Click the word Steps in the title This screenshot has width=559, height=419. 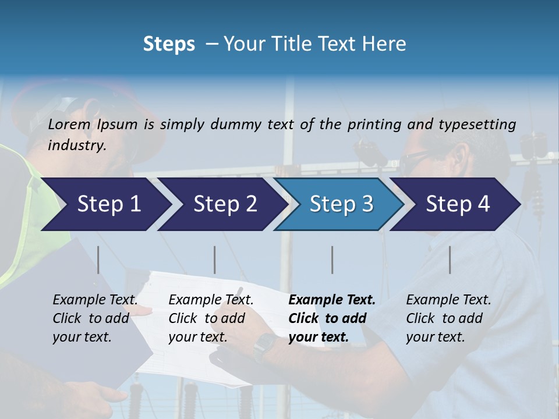pyautogui.click(x=169, y=44)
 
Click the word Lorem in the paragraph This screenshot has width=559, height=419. pyautogui.click(x=69, y=124)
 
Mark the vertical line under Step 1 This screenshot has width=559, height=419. pyautogui.click(x=98, y=260)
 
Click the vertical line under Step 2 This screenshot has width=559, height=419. pyautogui.click(x=215, y=260)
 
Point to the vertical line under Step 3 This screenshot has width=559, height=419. pyautogui.click(x=332, y=260)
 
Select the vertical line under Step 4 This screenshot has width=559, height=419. pyautogui.click(x=450, y=260)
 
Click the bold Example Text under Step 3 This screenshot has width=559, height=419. pyautogui.click(x=332, y=300)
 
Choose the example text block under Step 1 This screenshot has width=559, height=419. pyautogui.click(x=95, y=318)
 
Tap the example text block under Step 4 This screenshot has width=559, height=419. pyautogui.click(x=448, y=318)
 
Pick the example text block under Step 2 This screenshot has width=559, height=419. pyautogui.click(x=211, y=318)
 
